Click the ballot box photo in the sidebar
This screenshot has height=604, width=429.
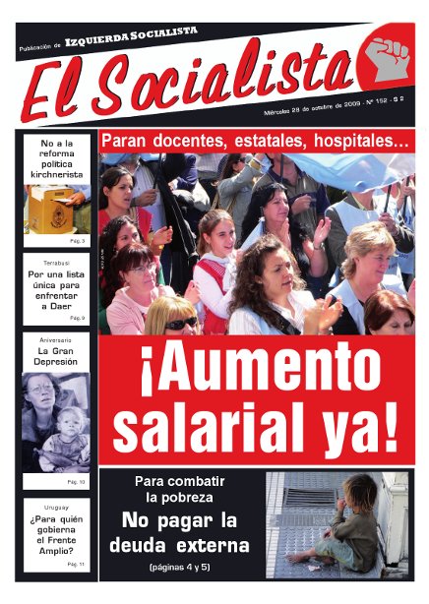[x=57, y=208]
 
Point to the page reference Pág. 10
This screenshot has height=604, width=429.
[x=76, y=482]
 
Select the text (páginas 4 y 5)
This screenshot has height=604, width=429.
[x=186, y=568]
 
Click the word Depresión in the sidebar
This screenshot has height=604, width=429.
[x=57, y=362]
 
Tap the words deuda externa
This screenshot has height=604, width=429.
[x=186, y=545]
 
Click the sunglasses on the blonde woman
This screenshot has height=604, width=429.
[x=181, y=323]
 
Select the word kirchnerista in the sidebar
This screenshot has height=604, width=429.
[x=57, y=175]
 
